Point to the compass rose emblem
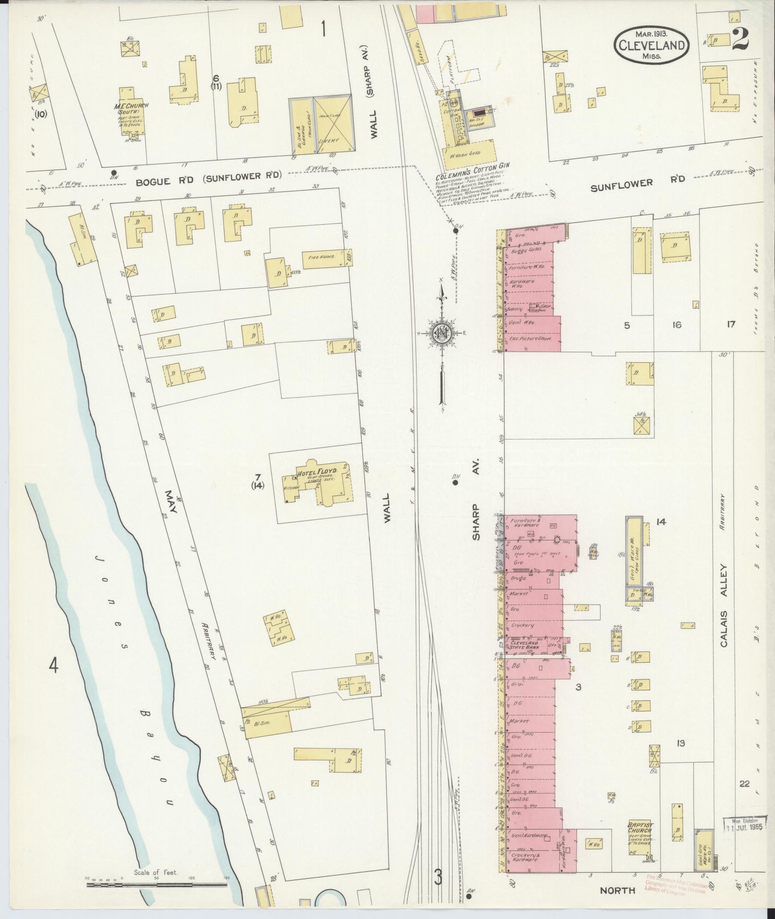pos(441,333)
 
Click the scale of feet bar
pos(156,883)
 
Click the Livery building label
pos(332,140)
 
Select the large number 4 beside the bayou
pos(53,665)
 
